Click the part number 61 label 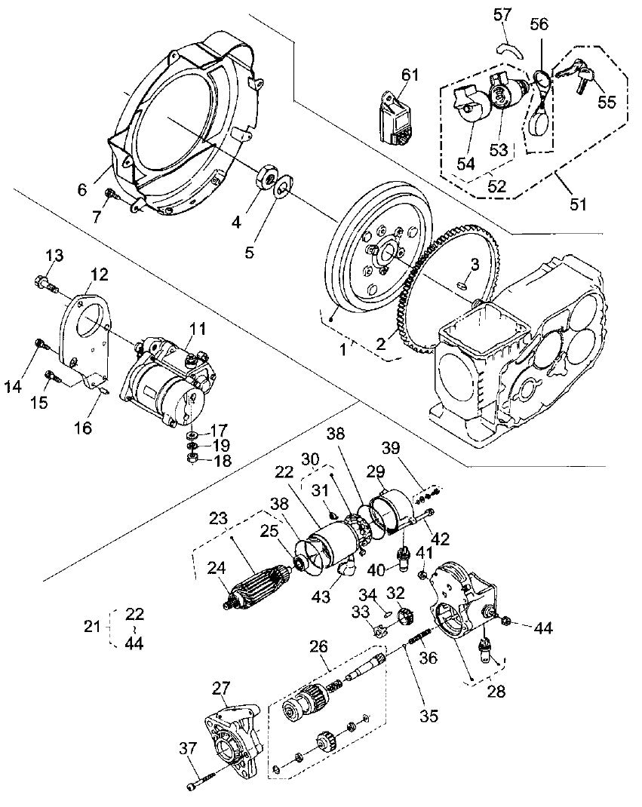410,74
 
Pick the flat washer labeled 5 282,187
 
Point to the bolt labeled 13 45,284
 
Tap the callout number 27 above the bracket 221,687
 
